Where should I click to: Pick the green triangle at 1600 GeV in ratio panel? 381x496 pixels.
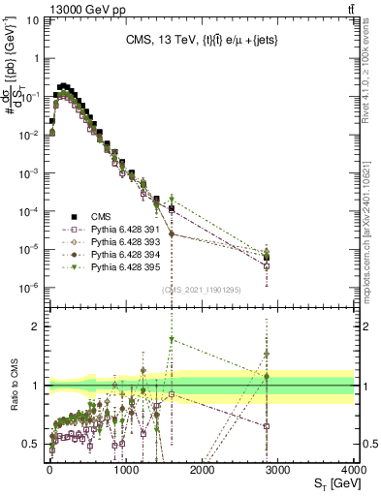[x=172, y=339]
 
